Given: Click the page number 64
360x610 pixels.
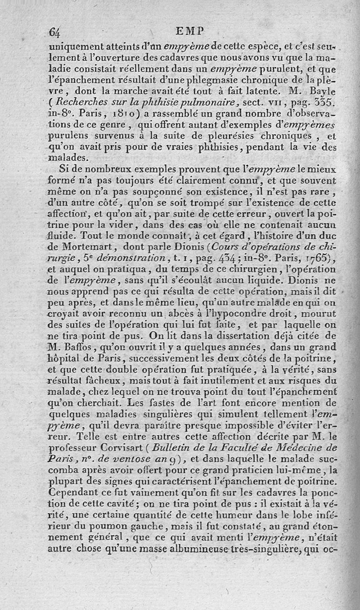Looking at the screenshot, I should [55, 32].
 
